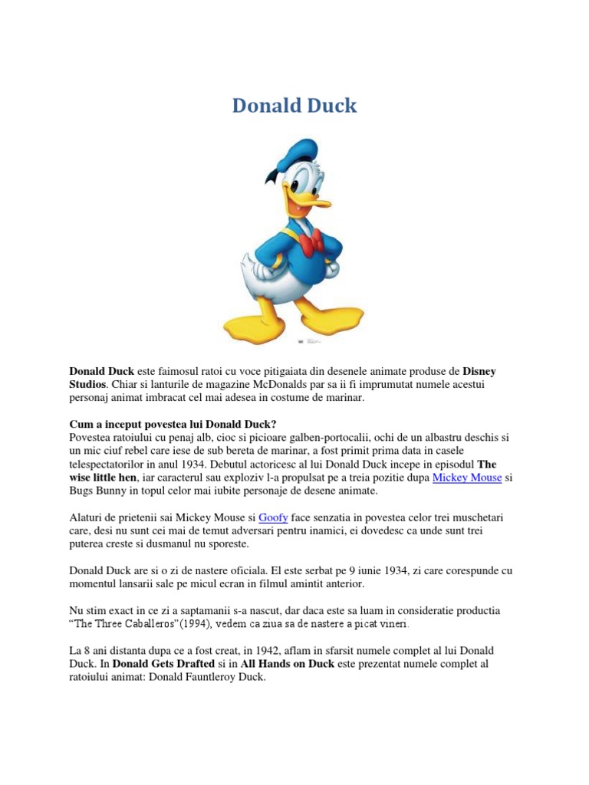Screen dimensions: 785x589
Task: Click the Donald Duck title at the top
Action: [x=294, y=106]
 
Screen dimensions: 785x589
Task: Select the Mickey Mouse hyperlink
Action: [x=467, y=477]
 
